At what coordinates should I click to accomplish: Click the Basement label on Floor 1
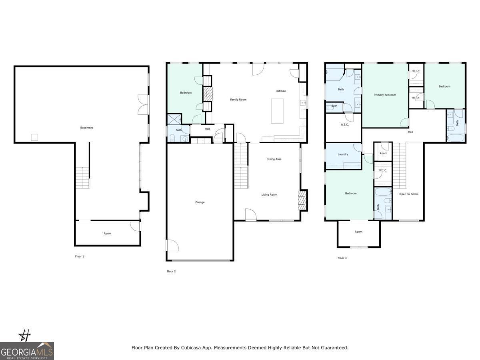point(86,128)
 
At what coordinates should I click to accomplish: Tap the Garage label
point(200,202)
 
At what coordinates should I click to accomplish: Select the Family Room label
point(238,100)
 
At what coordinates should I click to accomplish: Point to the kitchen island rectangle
point(277,111)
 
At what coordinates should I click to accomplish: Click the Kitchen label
point(281,91)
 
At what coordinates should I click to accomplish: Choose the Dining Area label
point(274,159)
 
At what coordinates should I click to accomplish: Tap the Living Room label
point(269,194)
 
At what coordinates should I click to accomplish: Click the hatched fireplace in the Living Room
point(303,200)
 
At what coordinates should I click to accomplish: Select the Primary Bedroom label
point(385,95)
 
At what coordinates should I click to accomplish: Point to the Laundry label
point(343,154)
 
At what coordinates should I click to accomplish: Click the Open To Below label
point(408,194)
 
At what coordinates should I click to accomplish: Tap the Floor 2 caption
point(171,271)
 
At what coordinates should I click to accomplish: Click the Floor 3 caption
point(342,258)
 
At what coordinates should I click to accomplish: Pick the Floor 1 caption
point(79,256)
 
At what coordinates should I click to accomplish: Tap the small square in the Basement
point(34,137)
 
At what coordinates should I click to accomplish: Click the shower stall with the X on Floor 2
point(174,119)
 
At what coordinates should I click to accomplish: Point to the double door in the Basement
point(143,105)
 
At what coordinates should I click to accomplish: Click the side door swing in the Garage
point(173,245)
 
